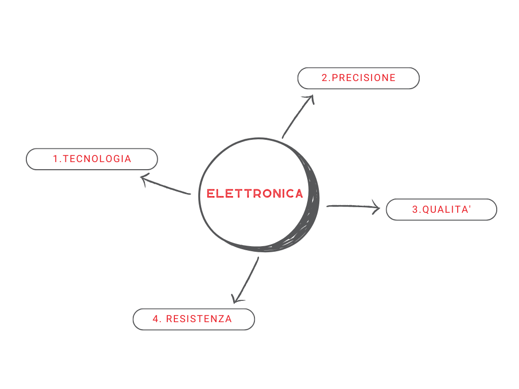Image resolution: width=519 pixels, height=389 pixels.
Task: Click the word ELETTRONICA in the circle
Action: tap(254, 193)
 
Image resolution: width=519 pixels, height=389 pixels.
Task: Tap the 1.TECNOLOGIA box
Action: tap(92, 159)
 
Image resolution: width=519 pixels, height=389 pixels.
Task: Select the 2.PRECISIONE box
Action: tap(358, 78)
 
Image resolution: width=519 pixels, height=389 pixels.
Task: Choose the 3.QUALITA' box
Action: tap(441, 209)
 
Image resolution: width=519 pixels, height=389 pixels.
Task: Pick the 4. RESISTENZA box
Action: tap(194, 319)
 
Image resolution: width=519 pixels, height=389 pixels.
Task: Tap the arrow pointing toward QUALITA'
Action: tap(353, 207)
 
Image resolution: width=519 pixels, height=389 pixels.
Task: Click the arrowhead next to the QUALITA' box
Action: tap(377, 207)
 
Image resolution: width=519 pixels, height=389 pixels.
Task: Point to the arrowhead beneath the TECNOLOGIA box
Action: tap(144, 179)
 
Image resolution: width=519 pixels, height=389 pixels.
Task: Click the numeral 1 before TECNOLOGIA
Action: tap(55, 159)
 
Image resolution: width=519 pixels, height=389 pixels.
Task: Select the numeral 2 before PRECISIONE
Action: tap(325, 77)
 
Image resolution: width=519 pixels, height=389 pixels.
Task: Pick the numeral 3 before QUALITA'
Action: tap(415, 209)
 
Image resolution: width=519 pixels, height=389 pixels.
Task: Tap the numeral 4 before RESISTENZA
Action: tap(156, 319)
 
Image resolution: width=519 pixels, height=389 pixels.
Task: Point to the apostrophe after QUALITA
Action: tap(470, 207)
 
